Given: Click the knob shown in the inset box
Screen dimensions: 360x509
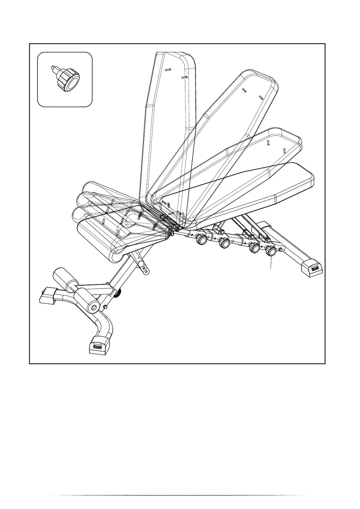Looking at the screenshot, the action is coord(68,80).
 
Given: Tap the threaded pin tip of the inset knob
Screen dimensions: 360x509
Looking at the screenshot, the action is coord(52,68).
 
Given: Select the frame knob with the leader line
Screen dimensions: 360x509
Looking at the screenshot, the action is coord(270,251).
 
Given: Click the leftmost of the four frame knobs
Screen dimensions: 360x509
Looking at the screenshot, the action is coord(201,239).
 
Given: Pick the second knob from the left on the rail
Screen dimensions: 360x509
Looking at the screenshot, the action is coord(224,242).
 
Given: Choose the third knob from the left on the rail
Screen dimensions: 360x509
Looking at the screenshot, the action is coord(254,248).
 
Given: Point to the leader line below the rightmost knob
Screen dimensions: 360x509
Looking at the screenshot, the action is coord(271,262).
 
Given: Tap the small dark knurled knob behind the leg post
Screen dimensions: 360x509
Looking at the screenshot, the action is coord(118,292).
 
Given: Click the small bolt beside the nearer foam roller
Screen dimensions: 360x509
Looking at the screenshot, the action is coord(105,307).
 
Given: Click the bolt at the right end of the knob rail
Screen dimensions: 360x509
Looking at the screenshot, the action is coord(282,249).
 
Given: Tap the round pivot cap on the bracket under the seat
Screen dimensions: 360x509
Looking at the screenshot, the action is coord(141,264).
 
